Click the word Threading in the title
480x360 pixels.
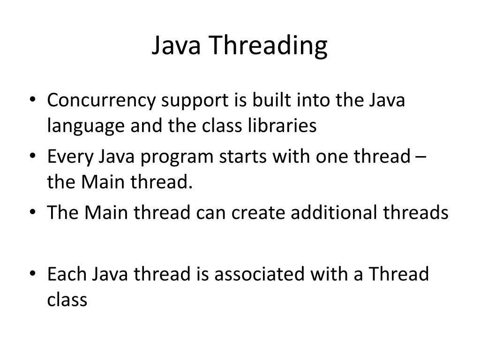tap(268, 47)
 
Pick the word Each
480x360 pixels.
tap(67, 274)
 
